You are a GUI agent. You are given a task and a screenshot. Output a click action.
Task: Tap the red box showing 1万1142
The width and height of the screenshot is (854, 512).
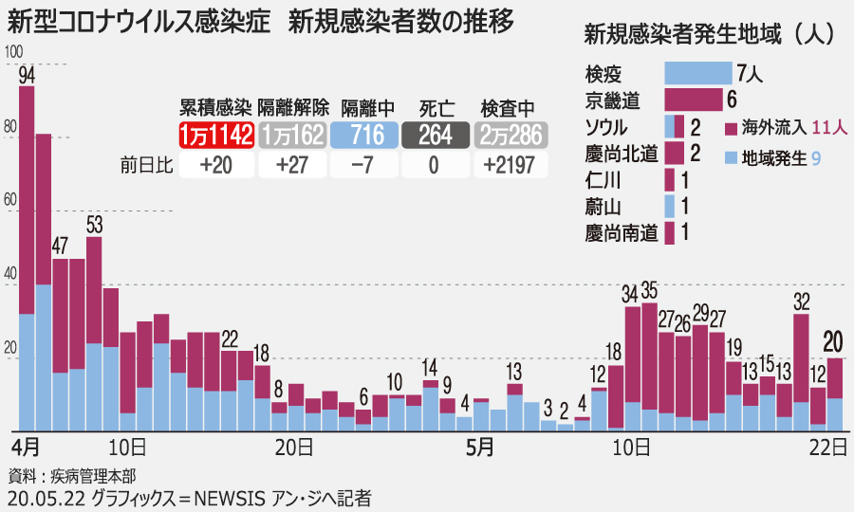click(x=215, y=135)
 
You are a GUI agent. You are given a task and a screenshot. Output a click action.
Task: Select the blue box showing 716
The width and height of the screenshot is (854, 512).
click(x=363, y=135)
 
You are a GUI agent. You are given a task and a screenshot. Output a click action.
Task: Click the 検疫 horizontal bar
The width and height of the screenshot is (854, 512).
click(x=697, y=73)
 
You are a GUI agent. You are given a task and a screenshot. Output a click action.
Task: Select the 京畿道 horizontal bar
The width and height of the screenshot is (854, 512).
click(x=694, y=99)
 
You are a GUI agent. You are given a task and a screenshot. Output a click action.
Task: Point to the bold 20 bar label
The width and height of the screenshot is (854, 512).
click(x=835, y=341)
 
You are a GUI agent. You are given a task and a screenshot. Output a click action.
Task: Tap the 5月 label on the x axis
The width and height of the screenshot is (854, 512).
click(x=479, y=445)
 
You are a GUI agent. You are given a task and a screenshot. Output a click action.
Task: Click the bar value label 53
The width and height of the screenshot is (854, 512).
click(x=94, y=225)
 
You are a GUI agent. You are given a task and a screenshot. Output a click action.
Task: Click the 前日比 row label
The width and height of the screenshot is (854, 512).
click(x=146, y=166)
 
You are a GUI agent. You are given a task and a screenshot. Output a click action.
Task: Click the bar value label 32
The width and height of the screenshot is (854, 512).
click(x=801, y=303)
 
